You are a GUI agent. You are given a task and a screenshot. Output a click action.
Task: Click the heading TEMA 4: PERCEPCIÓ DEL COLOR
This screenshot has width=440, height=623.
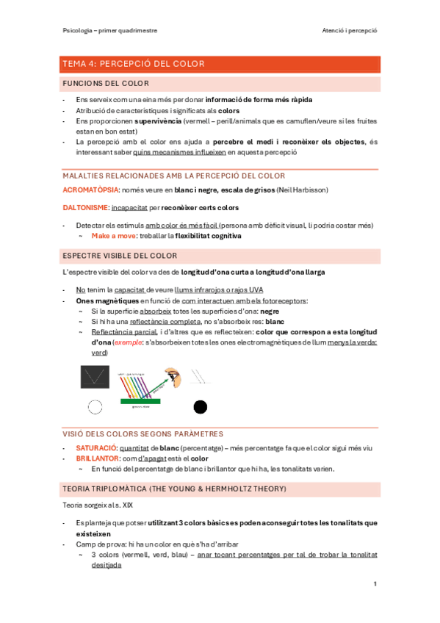tap(134, 64)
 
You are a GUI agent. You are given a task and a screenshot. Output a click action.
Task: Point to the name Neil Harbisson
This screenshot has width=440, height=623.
tap(302, 190)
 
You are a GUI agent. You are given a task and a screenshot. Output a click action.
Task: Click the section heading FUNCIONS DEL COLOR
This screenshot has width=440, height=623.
tap(106, 83)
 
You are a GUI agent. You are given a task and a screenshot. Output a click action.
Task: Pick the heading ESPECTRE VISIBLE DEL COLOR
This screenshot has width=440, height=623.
tap(120, 255)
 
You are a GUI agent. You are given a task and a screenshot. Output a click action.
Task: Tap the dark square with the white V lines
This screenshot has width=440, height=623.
tap(95, 378)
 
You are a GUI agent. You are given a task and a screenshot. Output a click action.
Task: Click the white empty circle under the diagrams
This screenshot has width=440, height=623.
tap(95, 407)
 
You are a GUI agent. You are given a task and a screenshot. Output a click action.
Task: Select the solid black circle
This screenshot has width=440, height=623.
tap(200, 407)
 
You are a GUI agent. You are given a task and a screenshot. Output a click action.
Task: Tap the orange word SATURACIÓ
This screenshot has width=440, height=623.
tap(96, 447)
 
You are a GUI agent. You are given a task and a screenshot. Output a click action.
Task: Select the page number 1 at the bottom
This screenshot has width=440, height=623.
tap(375, 584)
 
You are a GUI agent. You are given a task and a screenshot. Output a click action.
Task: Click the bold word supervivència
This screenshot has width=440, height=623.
tap(163, 120)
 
